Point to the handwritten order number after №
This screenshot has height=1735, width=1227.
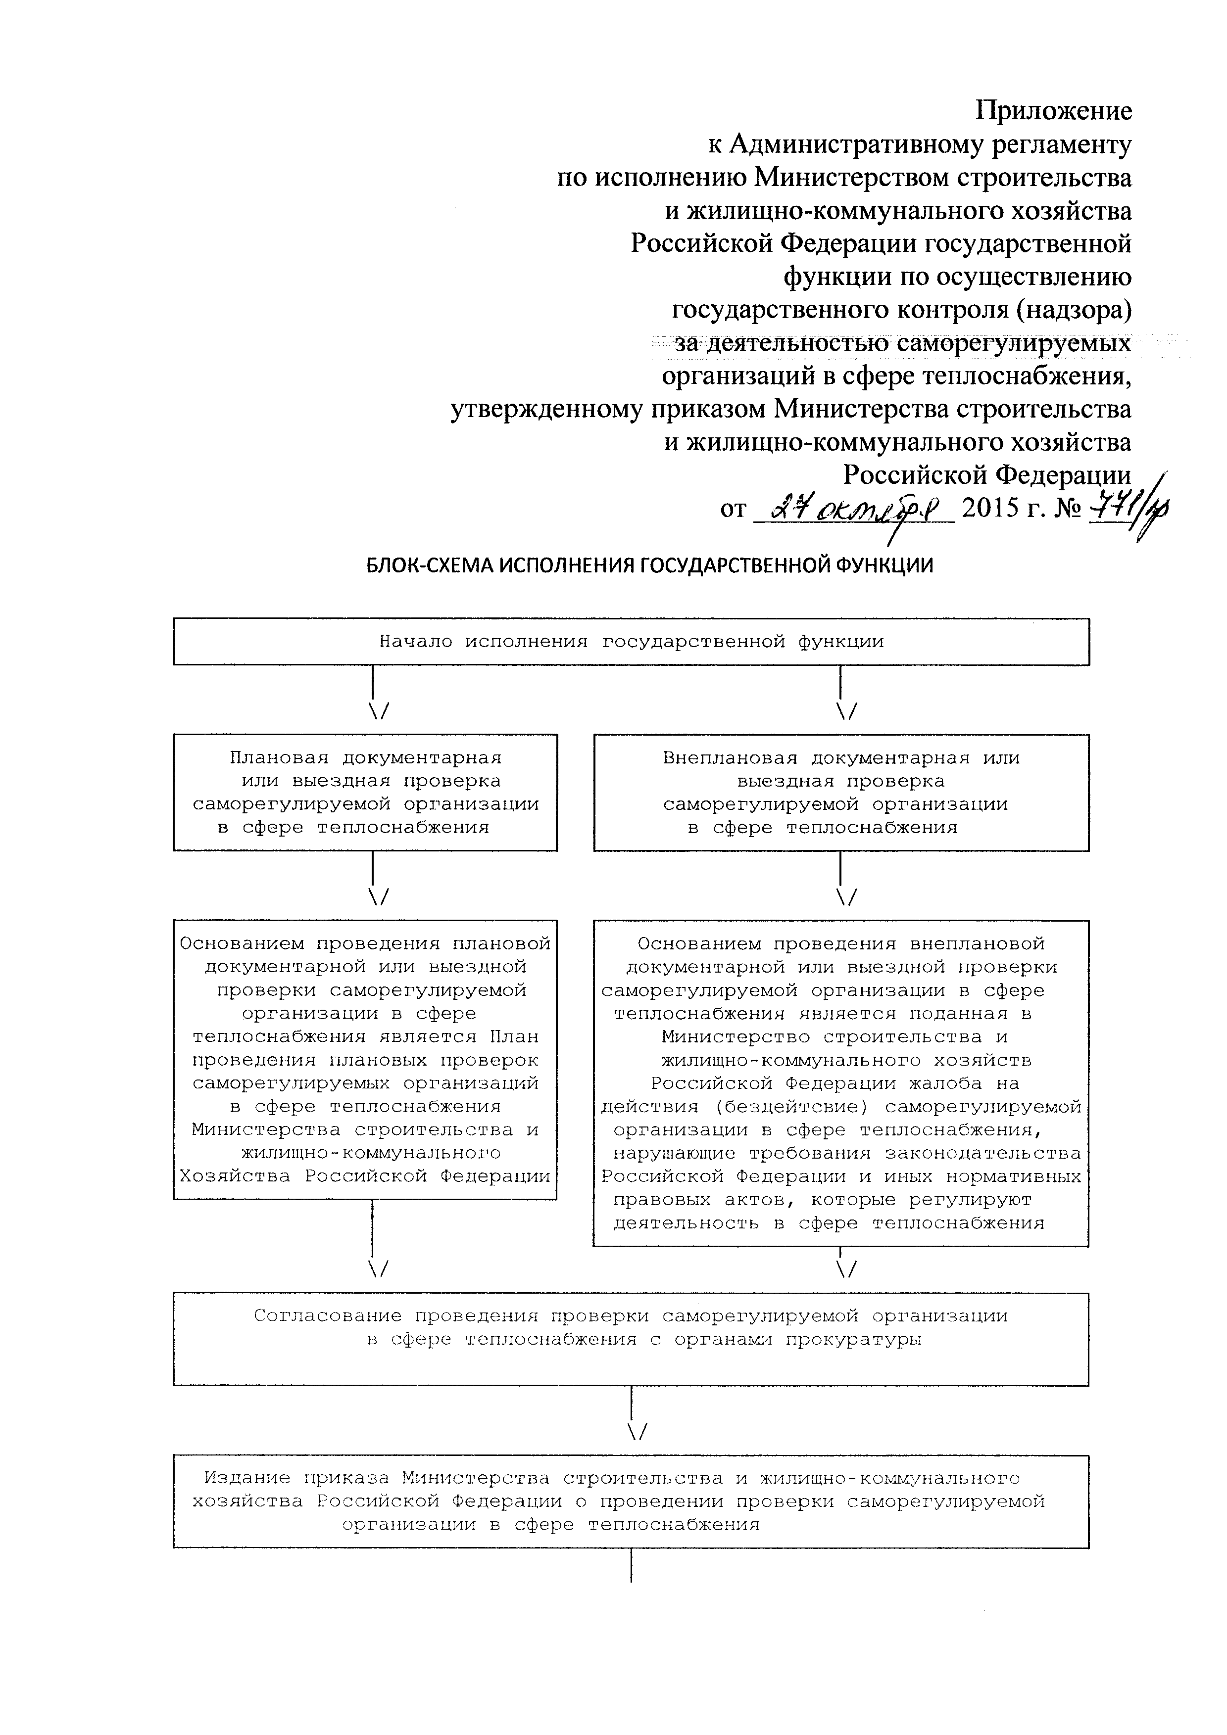tap(1128, 508)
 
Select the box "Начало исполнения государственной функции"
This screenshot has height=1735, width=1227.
tap(631, 642)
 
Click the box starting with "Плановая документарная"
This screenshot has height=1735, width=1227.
tap(365, 792)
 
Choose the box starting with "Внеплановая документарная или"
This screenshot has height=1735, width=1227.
tap(840, 792)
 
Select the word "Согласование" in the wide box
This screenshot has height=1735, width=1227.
tap(327, 1316)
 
